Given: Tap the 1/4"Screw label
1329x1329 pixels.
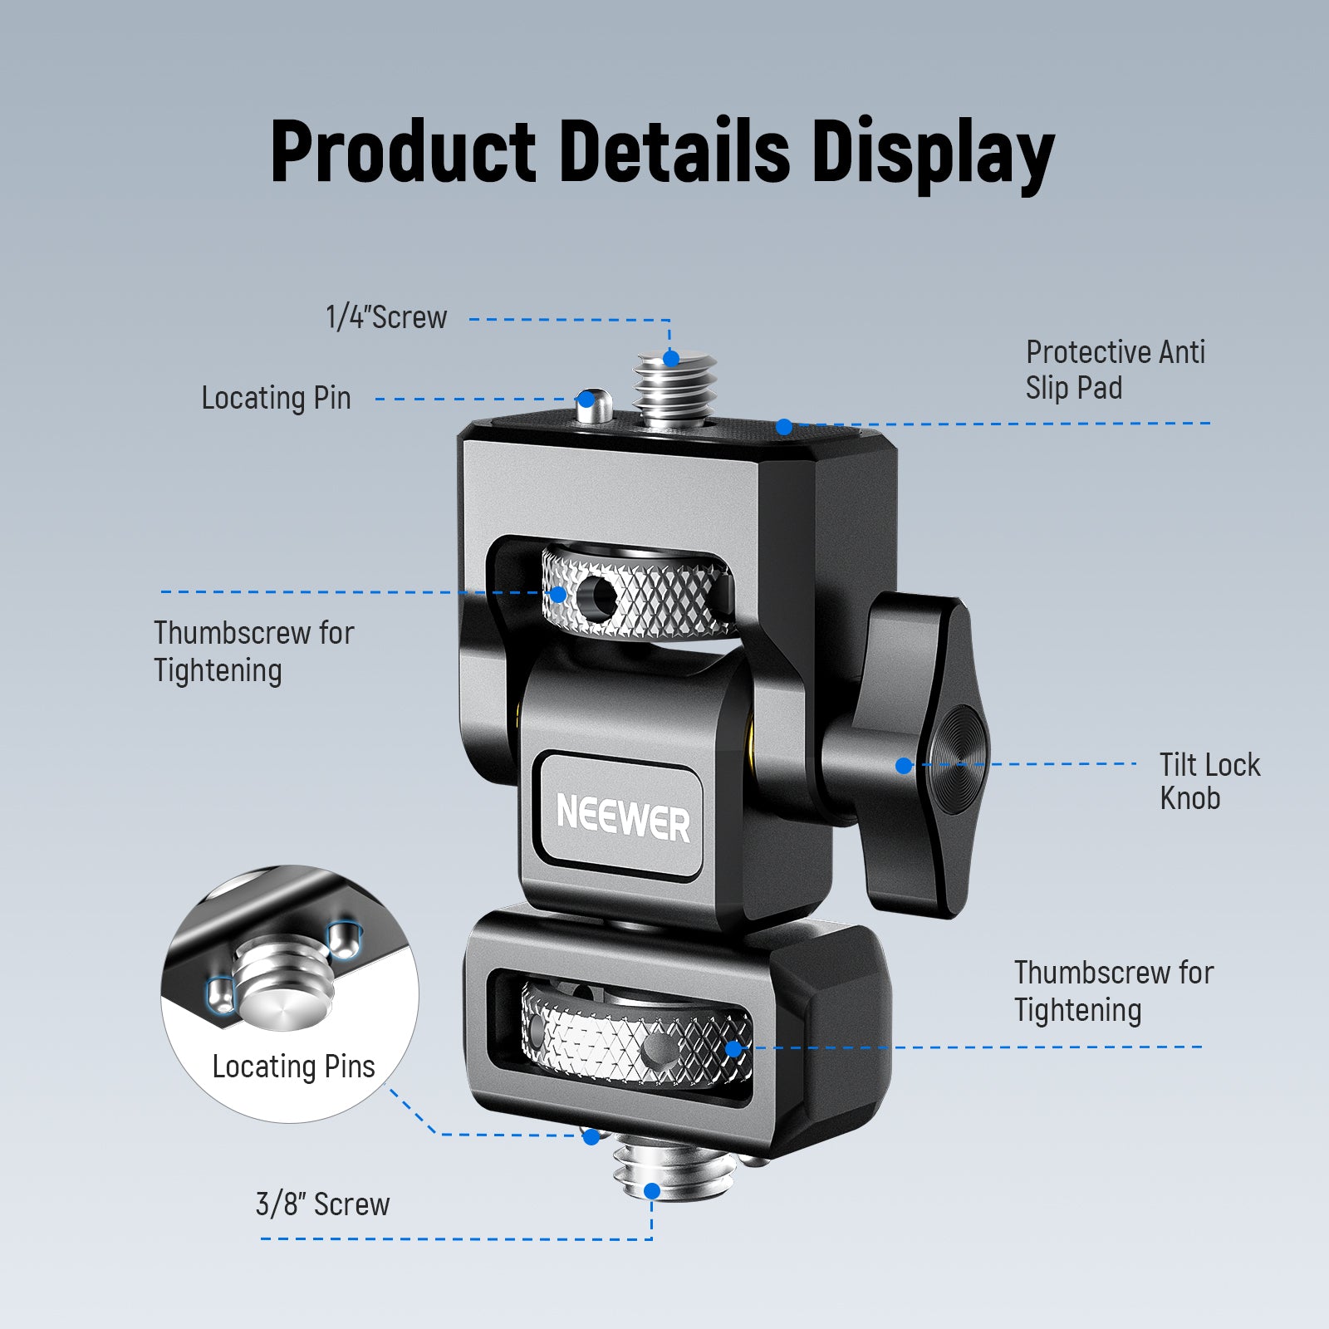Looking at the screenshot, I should pyautogui.click(x=386, y=317).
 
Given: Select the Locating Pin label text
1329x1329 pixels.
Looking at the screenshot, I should pyautogui.click(x=276, y=398).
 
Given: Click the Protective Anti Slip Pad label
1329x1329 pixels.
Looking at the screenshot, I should pyautogui.click(x=1115, y=370).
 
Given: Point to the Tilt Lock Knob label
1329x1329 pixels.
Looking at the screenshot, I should pyautogui.click(x=1209, y=781).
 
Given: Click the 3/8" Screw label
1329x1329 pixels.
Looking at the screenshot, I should pyautogui.click(x=322, y=1204).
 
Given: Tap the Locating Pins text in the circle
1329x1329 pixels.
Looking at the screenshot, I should pyautogui.click(x=293, y=1067).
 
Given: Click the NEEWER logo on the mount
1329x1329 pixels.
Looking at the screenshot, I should pyautogui.click(x=623, y=818).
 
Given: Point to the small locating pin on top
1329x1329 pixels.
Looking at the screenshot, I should pyautogui.click(x=593, y=405).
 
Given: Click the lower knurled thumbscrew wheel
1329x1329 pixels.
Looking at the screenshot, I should pyautogui.click(x=635, y=1034).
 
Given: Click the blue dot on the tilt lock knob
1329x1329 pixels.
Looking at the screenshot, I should pyautogui.click(x=904, y=766).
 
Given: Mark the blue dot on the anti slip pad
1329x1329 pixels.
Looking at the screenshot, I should pyautogui.click(x=784, y=427).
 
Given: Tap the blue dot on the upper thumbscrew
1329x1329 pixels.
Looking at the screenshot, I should pyautogui.click(x=558, y=595).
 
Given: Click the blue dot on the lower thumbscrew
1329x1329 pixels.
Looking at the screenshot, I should pyautogui.click(x=733, y=1048).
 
